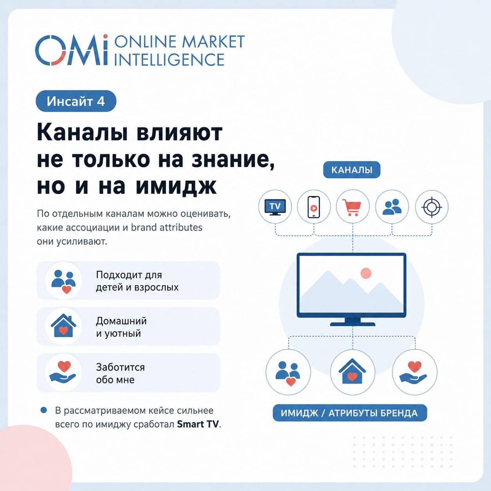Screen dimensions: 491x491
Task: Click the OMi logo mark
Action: [72, 50]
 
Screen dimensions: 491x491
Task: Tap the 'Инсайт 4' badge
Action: [76, 101]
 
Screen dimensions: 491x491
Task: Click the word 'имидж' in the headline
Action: [176, 187]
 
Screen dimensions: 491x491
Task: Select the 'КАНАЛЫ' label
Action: [352, 170]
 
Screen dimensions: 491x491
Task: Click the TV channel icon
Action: [275, 207]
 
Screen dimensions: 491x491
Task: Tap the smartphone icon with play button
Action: [314, 207]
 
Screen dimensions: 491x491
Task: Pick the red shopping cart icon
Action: [352, 207]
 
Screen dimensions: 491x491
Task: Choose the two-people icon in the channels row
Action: [392, 207]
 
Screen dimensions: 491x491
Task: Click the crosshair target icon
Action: [431, 207]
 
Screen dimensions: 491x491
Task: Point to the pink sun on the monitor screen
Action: [366, 273]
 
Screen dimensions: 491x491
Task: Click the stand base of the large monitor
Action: [353, 324]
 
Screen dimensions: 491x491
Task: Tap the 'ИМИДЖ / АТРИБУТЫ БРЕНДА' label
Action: [350, 413]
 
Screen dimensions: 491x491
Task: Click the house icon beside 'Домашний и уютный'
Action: [63, 326]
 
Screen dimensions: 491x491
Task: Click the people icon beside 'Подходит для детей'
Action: [63, 281]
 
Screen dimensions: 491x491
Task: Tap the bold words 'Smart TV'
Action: [198, 424]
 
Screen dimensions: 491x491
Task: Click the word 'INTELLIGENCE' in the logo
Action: [169, 60]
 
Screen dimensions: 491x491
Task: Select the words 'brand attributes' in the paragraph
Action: [167, 227]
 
